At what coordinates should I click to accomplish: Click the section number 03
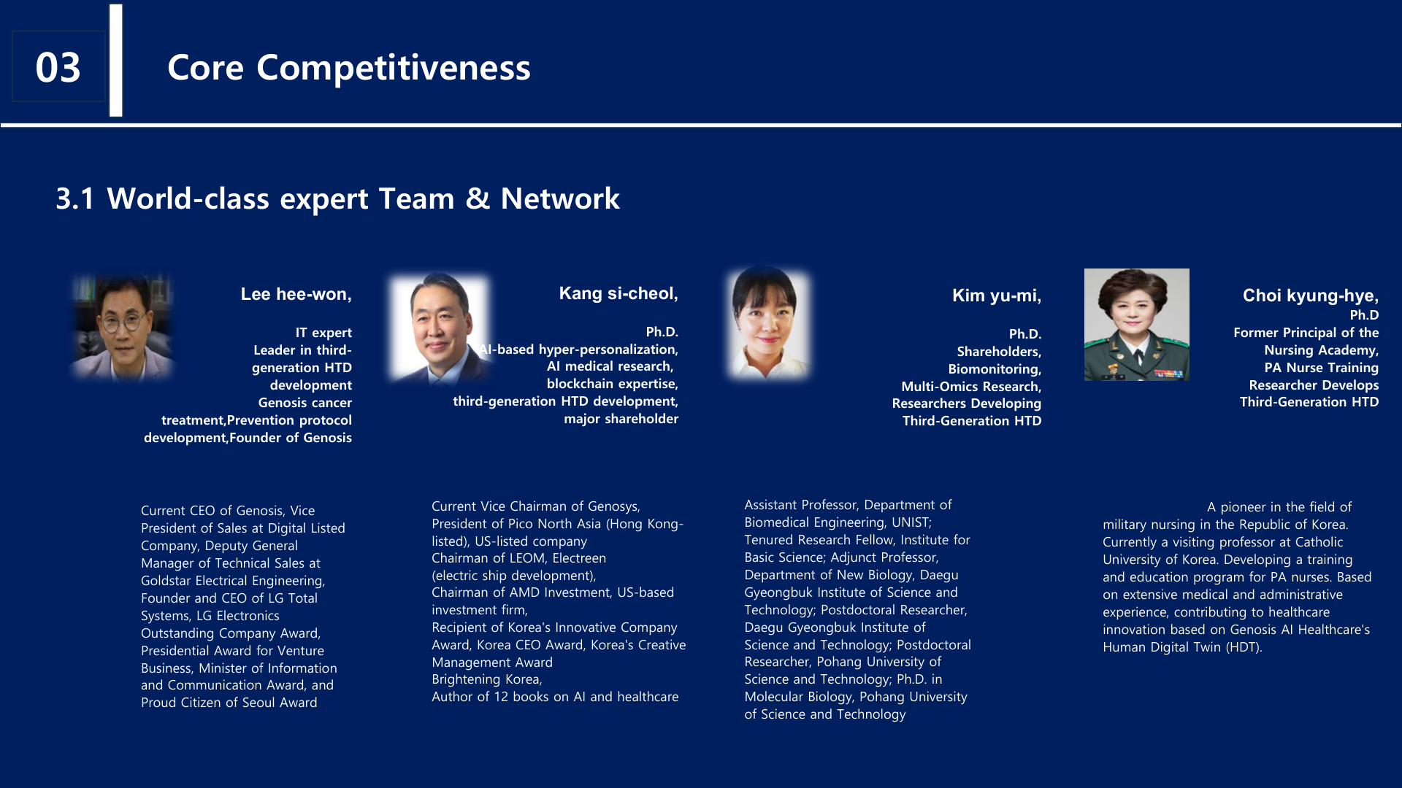pos(58,67)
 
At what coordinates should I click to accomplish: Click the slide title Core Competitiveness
pos(349,67)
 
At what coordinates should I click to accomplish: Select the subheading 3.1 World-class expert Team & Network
pos(338,198)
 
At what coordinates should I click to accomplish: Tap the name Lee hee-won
pos(296,294)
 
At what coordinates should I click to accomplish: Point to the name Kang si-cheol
pos(618,293)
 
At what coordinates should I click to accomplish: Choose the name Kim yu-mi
pos(997,295)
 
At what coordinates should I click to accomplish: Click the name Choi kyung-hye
pos(1311,295)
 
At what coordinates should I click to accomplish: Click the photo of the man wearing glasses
pos(123,326)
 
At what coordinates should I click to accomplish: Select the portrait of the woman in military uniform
pos(1137,325)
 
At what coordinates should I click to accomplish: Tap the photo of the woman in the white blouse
pos(768,322)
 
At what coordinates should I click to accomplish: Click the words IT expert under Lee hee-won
pos(323,333)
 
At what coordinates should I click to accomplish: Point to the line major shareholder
pos(621,419)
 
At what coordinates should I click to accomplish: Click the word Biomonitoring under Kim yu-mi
pos(995,369)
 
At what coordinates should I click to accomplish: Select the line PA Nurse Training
pos(1322,368)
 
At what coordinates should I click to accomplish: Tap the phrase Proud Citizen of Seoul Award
pos(229,703)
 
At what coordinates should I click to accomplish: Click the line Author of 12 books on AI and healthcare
pos(555,697)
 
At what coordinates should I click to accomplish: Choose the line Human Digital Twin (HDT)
pos(1182,647)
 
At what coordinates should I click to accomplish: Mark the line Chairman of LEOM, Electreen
pos(518,558)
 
